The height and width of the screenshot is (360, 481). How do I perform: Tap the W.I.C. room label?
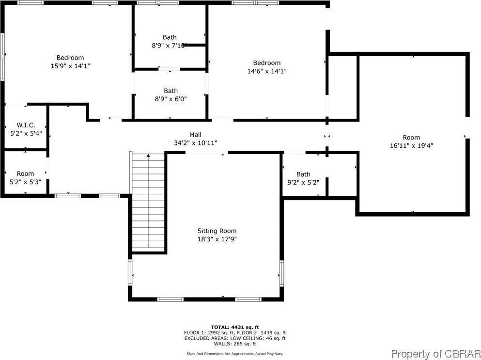coord(26,125)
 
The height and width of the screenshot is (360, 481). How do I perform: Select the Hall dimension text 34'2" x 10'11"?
coord(196,142)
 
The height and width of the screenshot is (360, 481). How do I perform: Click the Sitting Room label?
coord(217,231)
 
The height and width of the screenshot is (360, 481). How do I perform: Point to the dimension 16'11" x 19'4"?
coord(411,145)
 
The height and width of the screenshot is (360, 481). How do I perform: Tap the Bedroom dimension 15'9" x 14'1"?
coord(70,65)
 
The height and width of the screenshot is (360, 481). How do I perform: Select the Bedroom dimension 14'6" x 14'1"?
coord(267,71)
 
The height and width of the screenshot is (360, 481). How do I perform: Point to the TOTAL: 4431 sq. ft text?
coord(235,327)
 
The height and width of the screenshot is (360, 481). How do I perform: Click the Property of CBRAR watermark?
coord(436,353)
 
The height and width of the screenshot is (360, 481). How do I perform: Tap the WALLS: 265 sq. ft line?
coord(235,344)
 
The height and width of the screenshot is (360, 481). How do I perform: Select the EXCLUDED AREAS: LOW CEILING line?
coord(235,338)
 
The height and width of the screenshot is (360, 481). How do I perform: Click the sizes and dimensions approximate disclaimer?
coord(235,354)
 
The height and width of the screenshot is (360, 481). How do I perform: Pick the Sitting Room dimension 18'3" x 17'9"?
coord(217,239)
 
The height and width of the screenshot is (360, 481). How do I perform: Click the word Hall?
coord(196,135)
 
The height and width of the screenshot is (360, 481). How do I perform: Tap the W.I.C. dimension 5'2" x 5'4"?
coord(26,133)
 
